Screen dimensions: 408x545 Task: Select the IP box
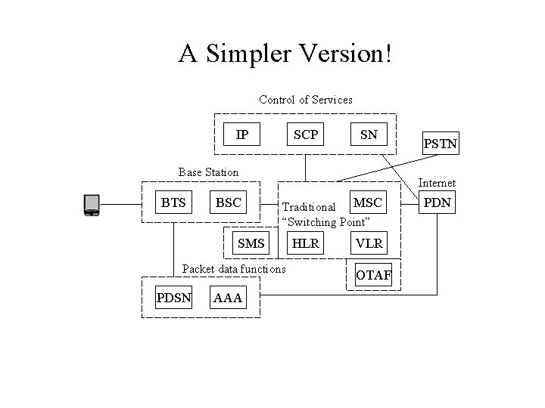click(x=241, y=135)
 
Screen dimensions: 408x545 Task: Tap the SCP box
click(x=305, y=135)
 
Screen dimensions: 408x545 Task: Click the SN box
click(x=369, y=135)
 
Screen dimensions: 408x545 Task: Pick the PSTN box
click(x=441, y=143)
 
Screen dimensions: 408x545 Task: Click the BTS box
click(x=173, y=202)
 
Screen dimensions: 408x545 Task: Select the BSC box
click(x=228, y=202)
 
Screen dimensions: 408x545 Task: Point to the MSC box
click(x=367, y=202)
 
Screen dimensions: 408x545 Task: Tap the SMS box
click(x=251, y=243)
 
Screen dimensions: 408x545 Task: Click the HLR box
click(x=305, y=243)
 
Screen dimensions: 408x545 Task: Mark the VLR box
click(x=369, y=243)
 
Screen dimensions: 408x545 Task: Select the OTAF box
click(x=374, y=276)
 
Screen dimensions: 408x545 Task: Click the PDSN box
click(x=173, y=298)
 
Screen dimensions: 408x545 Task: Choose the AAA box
click(x=228, y=298)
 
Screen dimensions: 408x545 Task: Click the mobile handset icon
click(x=92, y=205)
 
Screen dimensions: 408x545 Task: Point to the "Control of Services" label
click(x=305, y=100)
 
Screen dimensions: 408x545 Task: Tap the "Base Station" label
click(x=208, y=172)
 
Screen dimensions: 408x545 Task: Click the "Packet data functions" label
click(x=234, y=269)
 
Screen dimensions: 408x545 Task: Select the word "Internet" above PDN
click(x=437, y=183)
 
